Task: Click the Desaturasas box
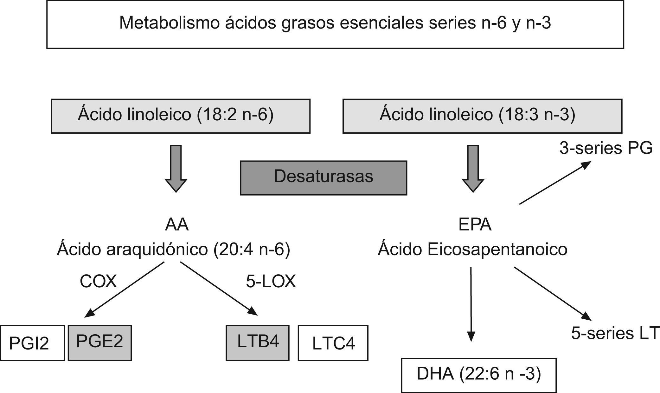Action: pyautogui.click(x=324, y=178)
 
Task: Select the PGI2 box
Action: pyautogui.click(x=32, y=343)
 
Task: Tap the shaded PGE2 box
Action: pyautogui.click(x=99, y=343)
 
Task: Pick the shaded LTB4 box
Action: pyautogui.click(x=258, y=343)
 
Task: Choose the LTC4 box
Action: pyautogui.click(x=333, y=343)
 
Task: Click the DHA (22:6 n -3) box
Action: pyautogui.click(x=478, y=375)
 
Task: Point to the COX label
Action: pyautogui.click(x=98, y=281)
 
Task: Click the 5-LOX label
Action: pyautogui.click(x=271, y=281)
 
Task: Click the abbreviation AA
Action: pyautogui.click(x=177, y=225)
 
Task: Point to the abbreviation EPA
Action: pyautogui.click(x=475, y=225)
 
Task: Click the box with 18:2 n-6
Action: pyautogui.click(x=181, y=116)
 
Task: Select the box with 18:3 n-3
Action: pyautogui.click(x=482, y=116)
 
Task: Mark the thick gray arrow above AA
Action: pyautogui.click(x=176, y=168)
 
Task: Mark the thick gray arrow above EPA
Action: pyautogui.click(x=473, y=168)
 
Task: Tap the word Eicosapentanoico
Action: pyautogui.click(x=497, y=250)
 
